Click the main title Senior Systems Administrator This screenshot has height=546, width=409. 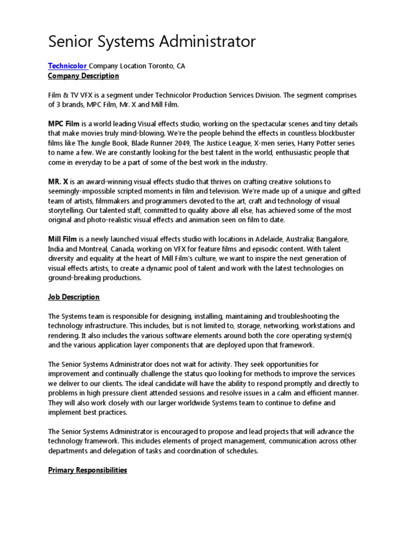[152, 41]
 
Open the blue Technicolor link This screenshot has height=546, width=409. [67, 66]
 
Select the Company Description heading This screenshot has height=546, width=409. [83, 76]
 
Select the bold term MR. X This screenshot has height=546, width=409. [58, 182]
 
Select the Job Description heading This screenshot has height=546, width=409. [73, 297]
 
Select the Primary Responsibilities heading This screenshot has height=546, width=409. [87, 470]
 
